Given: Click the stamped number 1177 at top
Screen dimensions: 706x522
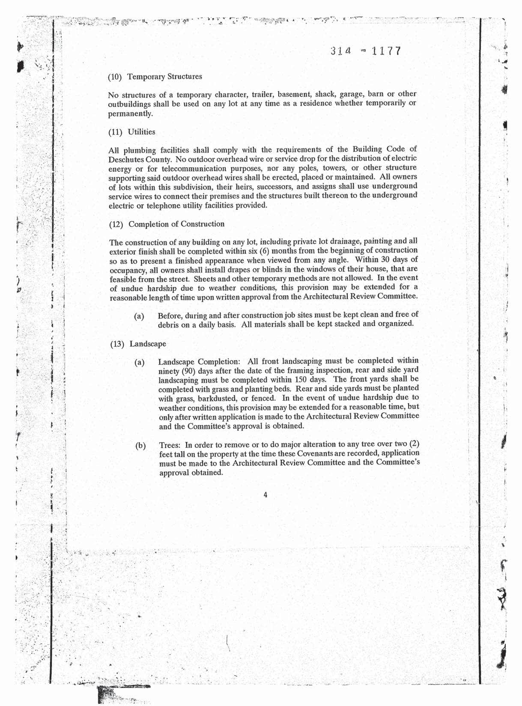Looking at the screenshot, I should pyautogui.click(x=386, y=51).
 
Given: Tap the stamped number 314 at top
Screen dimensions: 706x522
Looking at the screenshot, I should pyautogui.click(x=341, y=51).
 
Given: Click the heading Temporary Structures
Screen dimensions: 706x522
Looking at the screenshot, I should pyautogui.click(x=165, y=77).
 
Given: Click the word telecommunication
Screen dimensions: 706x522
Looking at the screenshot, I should pyautogui.click(x=193, y=168).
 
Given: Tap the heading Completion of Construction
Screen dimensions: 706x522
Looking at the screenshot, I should pyautogui.click(x=176, y=224).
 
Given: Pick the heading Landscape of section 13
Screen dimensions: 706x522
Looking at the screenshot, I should pyautogui.click(x=148, y=344).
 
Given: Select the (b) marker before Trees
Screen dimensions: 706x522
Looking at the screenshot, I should pyautogui.click(x=140, y=446).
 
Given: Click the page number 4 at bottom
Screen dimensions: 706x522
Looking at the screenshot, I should pyautogui.click(x=265, y=495).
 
